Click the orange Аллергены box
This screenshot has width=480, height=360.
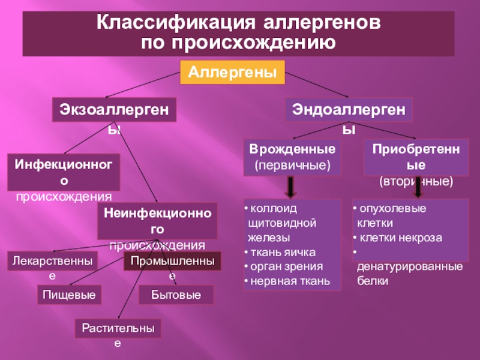(232, 72)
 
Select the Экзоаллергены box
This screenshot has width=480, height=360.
(114, 111)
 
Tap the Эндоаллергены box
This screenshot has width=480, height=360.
(349, 110)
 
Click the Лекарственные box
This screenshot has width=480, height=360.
(53, 262)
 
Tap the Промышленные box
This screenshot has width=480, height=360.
(172, 262)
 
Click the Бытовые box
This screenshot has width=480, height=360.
(175, 295)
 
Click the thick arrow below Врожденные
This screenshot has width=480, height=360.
(290, 187)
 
